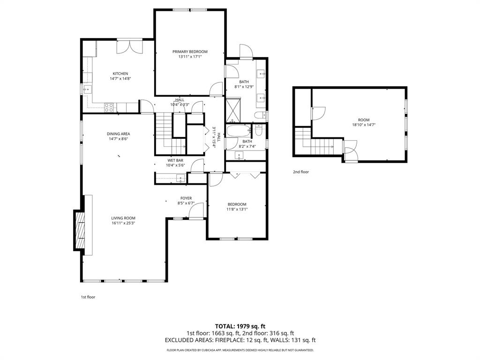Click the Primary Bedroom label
(x=190, y=52)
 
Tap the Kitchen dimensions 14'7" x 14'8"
(x=120, y=79)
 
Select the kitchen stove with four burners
(x=109, y=107)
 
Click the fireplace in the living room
(x=79, y=230)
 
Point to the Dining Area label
(x=118, y=134)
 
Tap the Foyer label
(x=186, y=198)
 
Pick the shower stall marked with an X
(x=233, y=111)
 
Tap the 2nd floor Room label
(x=364, y=120)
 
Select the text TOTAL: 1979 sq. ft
(x=240, y=326)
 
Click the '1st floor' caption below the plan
(x=88, y=297)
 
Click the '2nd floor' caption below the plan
(x=301, y=172)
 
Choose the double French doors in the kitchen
(x=130, y=46)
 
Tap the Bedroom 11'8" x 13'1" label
(x=237, y=204)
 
